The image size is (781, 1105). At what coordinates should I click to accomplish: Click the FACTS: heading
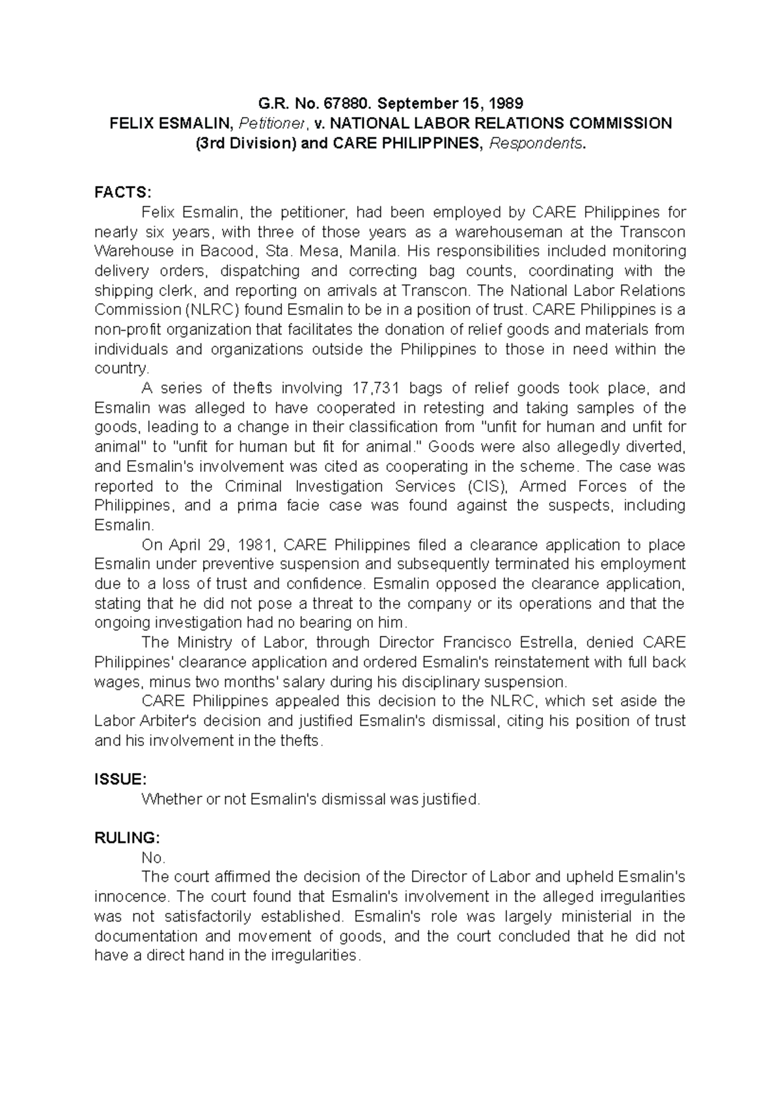click(x=122, y=192)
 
